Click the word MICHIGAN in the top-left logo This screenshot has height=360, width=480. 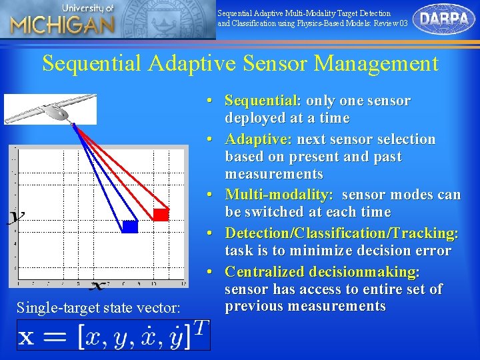point(62,26)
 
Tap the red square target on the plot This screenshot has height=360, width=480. point(161,214)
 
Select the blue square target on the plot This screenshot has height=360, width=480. point(130,227)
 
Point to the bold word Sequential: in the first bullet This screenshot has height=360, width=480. point(263,101)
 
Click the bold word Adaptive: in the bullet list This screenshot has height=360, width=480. point(258,139)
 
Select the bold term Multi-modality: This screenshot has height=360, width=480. point(279,195)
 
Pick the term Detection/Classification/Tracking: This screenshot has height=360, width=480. point(341,233)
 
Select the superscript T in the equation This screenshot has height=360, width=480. point(200,327)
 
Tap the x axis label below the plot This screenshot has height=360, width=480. point(97,286)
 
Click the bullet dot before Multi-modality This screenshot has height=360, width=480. point(210,195)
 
